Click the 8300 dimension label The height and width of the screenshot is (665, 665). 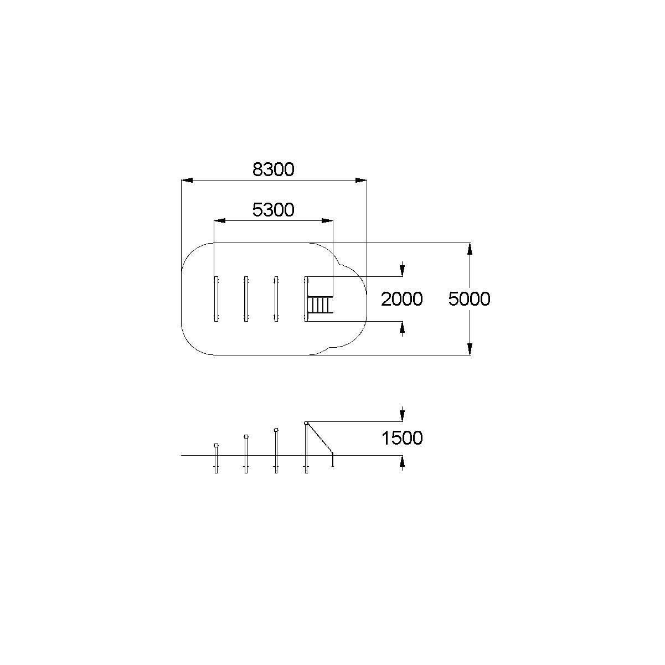[274, 169]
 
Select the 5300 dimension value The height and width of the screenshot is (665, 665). [274, 210]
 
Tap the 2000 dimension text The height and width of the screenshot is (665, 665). [401, 299]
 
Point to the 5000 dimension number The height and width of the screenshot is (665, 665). [470, 299]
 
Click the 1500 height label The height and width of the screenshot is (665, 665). [402, 438]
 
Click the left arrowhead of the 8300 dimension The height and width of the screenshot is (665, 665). [187, 180]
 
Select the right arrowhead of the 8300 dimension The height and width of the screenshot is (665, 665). [361, 180]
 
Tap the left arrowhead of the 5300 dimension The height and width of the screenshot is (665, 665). [219, 220]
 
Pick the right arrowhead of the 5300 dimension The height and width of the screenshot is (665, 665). [327, 220]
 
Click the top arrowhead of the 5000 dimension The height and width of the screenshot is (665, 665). [470, 249]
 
